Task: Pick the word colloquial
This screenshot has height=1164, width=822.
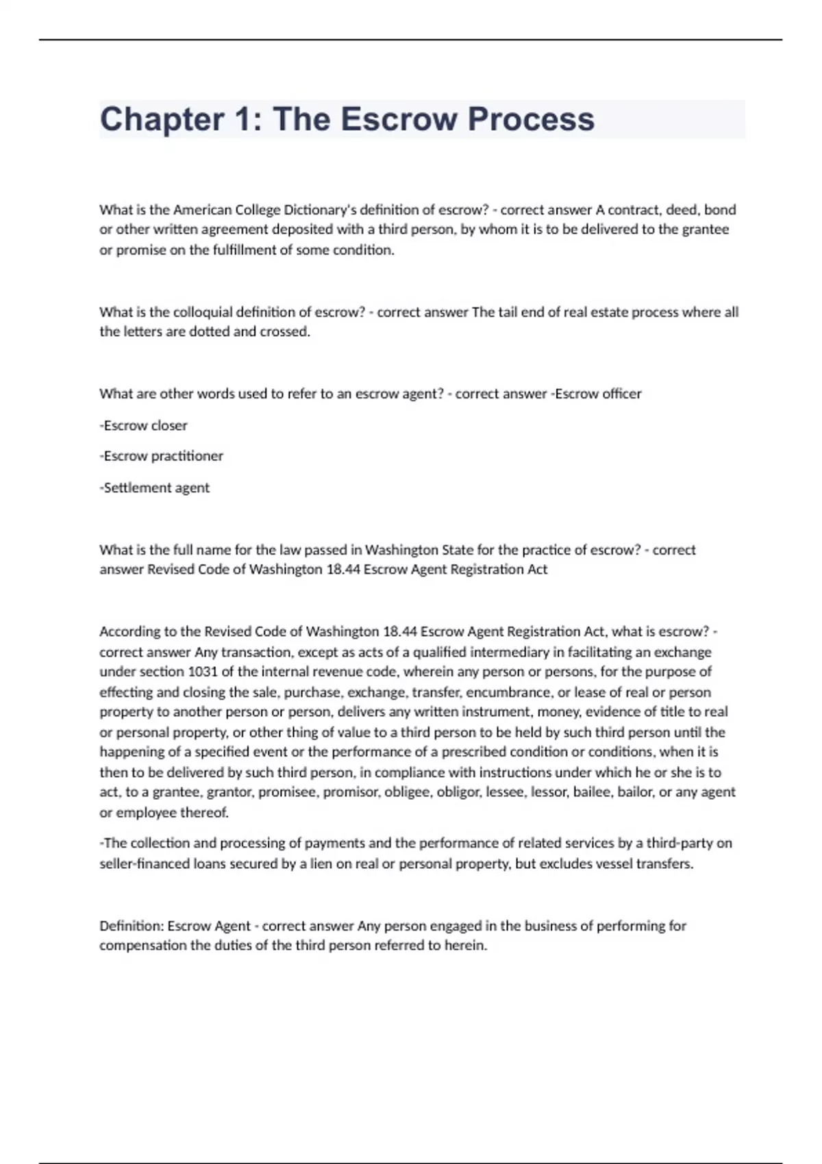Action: (202, 312)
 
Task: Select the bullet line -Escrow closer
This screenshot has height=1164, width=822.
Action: (143, 425)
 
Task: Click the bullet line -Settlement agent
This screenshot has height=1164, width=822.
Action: (155, 488)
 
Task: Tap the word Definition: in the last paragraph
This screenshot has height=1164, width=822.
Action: (131, 926)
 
